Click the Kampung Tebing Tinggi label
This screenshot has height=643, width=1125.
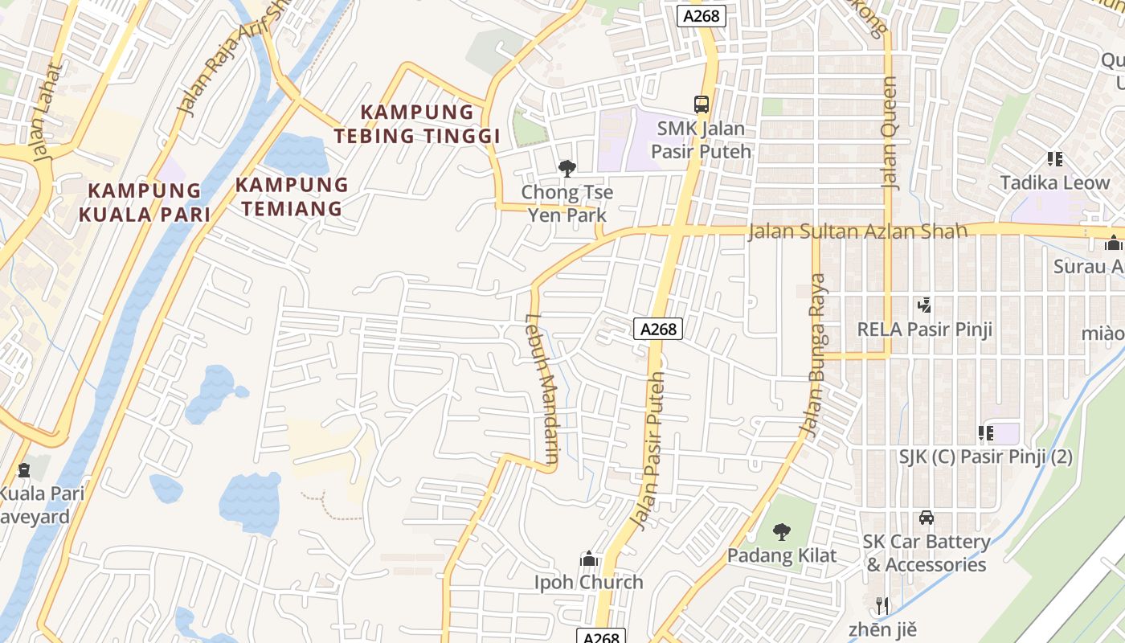(x=417, y=124)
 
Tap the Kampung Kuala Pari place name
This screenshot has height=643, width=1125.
(x=145, y=203)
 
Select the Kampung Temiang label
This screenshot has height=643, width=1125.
(x=292, y=197)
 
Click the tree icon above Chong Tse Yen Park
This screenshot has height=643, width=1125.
(x=567, y=168)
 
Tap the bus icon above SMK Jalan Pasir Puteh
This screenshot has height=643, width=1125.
(x=702, y=104)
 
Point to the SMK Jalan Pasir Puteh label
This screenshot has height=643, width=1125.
(x=702, y=140)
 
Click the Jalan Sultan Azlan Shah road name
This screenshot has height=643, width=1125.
(x=857, y=231)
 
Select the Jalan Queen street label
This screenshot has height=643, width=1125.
(x=889, y=133)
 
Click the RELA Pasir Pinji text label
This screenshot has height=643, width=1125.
(x=924, y=329)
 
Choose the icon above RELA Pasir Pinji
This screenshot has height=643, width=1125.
(x=924, y=305)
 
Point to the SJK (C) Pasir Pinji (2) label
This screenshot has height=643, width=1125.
(x=985, y=457)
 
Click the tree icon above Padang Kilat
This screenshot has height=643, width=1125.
(x=781, y=531)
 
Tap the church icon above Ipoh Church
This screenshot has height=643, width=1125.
(x=589, y=559)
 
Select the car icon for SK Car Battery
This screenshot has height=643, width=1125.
(x=927, y=518)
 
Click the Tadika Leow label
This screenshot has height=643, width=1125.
(x=1054, y=182)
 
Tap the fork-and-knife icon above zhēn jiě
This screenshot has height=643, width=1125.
(x=882, y=605)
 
